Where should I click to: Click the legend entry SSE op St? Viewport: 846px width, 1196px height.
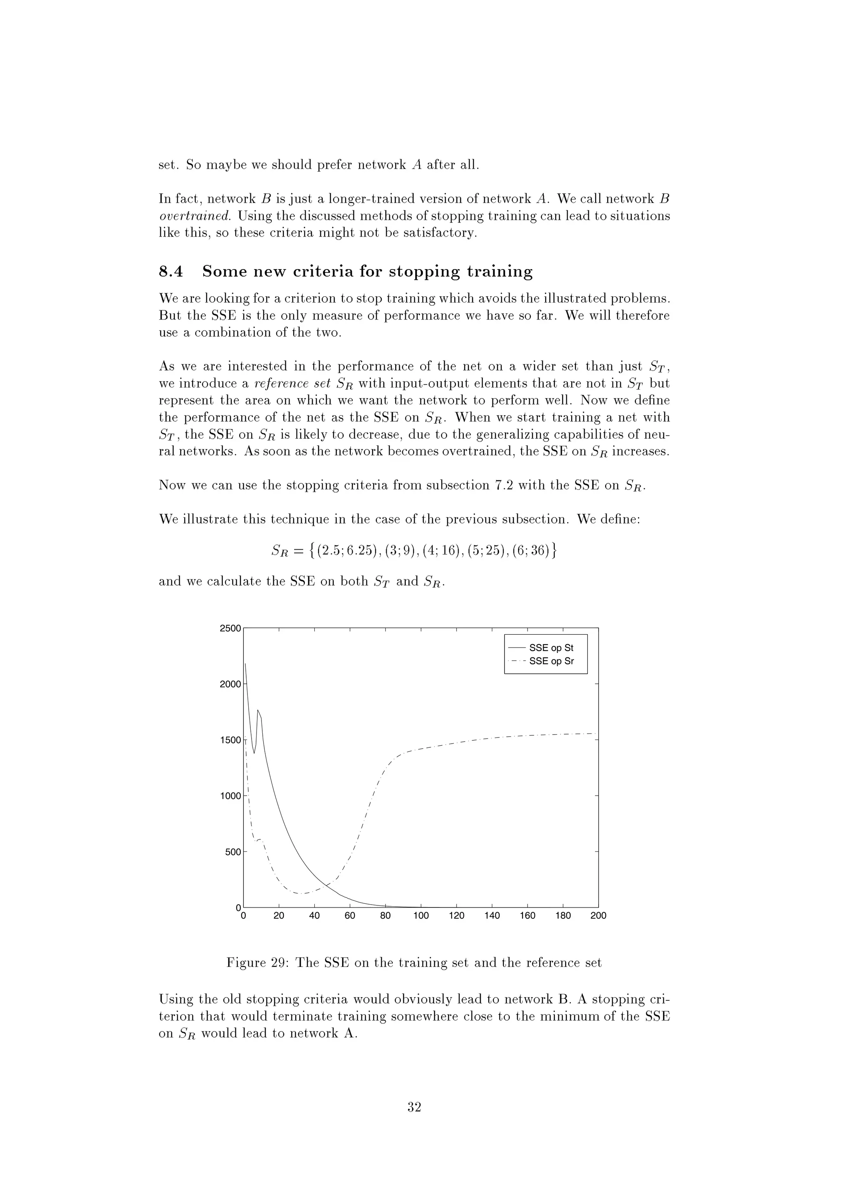click(551, 648)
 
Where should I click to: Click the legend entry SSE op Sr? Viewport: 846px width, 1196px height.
click(551, 661)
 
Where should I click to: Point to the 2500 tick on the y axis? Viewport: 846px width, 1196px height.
click(231, 628)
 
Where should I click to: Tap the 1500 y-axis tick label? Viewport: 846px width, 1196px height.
click(231, 740)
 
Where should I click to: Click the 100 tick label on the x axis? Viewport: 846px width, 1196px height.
click(421, 916)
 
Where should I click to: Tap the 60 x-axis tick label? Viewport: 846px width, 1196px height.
click(350, 916)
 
